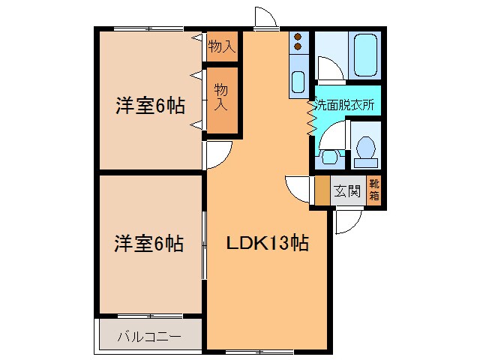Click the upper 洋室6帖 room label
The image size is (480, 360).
149,106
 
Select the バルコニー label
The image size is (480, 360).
148,337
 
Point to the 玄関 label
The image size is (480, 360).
346,190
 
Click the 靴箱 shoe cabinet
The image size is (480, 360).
374,190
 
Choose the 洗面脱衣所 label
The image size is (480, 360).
344,105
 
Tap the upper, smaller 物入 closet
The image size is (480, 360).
222,46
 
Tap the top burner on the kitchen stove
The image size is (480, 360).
298,37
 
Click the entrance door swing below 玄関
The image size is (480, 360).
347,222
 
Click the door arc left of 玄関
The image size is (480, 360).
298,188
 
